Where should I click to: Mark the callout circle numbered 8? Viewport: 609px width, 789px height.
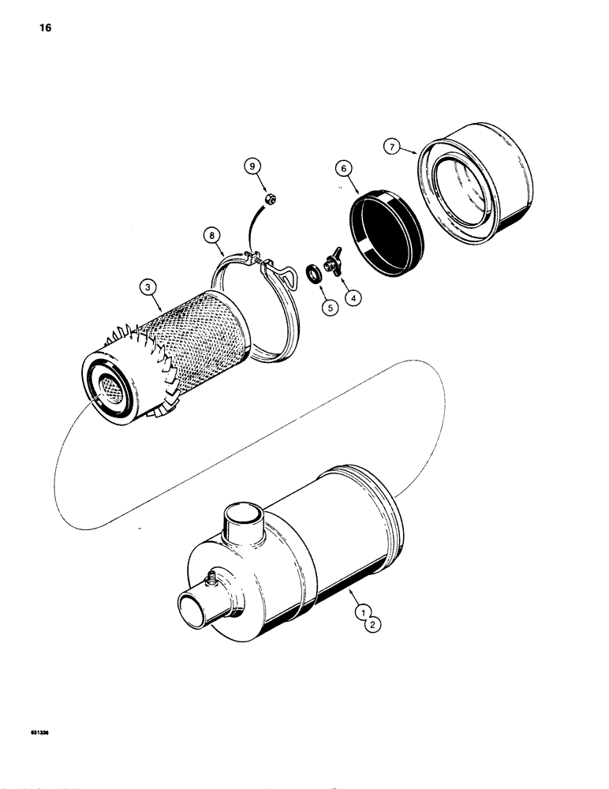[211, 234]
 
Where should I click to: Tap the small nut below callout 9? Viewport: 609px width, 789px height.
[267, 199]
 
